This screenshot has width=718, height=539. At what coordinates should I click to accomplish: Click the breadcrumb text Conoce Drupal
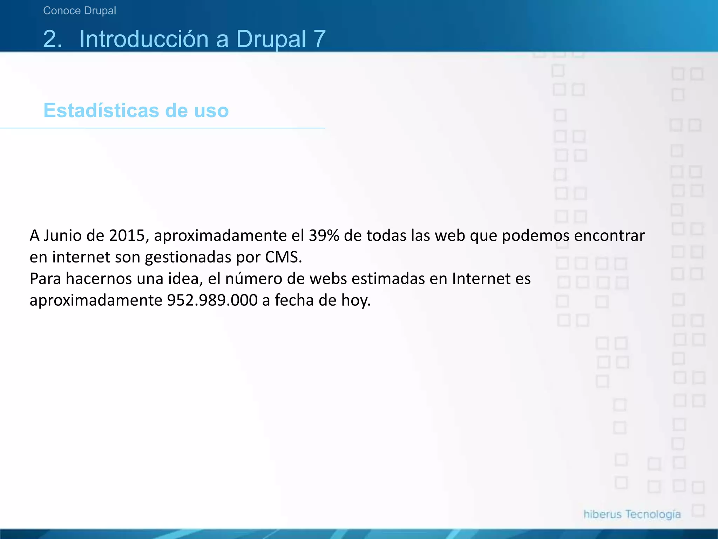(80, 11)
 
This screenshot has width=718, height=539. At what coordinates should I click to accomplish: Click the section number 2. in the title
(53, 39)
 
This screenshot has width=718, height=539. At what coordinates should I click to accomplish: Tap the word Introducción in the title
(144, 39)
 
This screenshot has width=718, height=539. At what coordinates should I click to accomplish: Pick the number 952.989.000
(212, 300)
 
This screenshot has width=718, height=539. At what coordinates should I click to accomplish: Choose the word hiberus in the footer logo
(602, 514)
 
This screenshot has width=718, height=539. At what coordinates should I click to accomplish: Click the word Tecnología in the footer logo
(653, 514)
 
